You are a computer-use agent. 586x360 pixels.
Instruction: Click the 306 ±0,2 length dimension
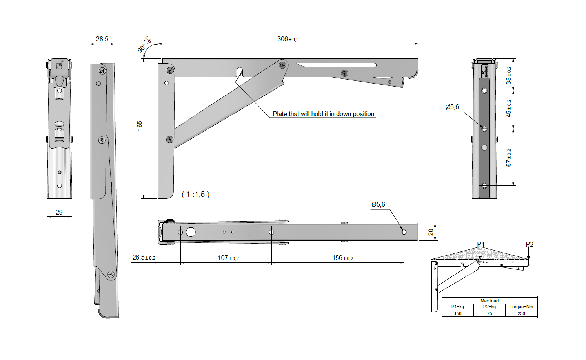click(x=288, y=39)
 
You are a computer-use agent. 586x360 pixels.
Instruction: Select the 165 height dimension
click(x=140, y=125)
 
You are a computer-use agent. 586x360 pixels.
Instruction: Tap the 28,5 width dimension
click(x=102, y=39)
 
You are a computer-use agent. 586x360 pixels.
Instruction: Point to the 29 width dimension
click(x=59, y=212)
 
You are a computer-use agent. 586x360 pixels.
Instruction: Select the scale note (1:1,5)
click(x=196, y=195)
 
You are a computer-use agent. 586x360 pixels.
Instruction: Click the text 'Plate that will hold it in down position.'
click(x=324, y=114)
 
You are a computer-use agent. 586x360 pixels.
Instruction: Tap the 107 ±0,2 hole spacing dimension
click(x=228, y=258)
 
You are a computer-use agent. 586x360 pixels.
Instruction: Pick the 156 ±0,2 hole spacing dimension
click(x=342, y=258)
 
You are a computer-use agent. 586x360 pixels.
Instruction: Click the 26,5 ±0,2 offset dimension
click(x=144, y=258)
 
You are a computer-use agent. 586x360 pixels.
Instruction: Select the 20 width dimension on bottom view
click(x=431, y=232)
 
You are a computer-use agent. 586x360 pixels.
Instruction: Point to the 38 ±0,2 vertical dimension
click(x=509, y=75)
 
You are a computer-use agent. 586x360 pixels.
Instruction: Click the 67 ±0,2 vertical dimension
click(x=509, y=157)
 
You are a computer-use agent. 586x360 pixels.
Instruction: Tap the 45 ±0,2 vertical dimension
click(x=509, y=108)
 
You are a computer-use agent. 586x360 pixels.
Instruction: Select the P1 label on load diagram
click(x=481, y=244)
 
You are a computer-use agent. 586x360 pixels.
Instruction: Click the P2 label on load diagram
click(x=530, y=244)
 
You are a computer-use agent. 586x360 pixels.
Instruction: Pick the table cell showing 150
click(x=458, y=313)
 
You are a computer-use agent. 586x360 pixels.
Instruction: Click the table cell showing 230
click(x=521, y=313)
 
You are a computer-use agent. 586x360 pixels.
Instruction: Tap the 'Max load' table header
click(x=490, y=301)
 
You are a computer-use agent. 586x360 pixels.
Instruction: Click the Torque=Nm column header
click(x=521, y=307)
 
